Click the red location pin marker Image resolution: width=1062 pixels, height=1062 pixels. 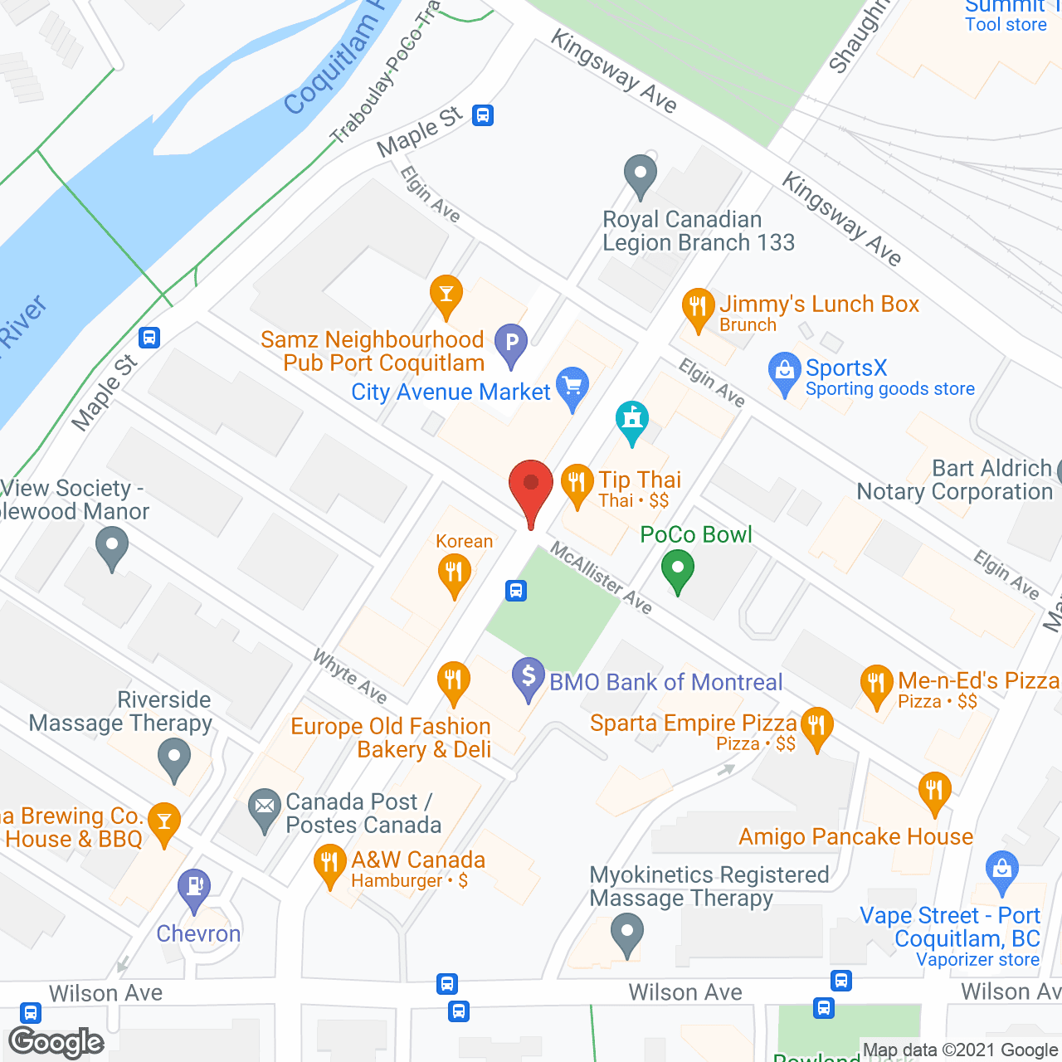tap(530, 485)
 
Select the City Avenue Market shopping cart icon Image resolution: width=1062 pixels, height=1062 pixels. tap(572, 386)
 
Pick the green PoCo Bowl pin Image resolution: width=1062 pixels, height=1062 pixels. tap(678, 569)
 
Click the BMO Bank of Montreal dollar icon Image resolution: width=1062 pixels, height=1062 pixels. tap(529, 676)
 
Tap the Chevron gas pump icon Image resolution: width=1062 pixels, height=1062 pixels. tap(194, 887)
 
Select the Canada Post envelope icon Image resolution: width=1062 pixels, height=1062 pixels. tap(265, 806)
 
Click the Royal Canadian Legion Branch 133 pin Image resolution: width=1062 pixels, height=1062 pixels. tap(640, 174)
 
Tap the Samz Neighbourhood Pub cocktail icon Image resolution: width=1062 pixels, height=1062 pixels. tap(446, 294)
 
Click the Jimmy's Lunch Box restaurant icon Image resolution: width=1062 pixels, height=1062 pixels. tap(698, 307)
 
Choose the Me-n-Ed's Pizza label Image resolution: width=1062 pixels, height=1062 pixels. tap(978, 681)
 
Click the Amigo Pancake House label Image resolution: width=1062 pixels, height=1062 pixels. tap(855, 836)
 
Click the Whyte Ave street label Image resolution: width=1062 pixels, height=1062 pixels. tap(349, 675)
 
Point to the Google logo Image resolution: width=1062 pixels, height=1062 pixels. tap(56, 1042)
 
